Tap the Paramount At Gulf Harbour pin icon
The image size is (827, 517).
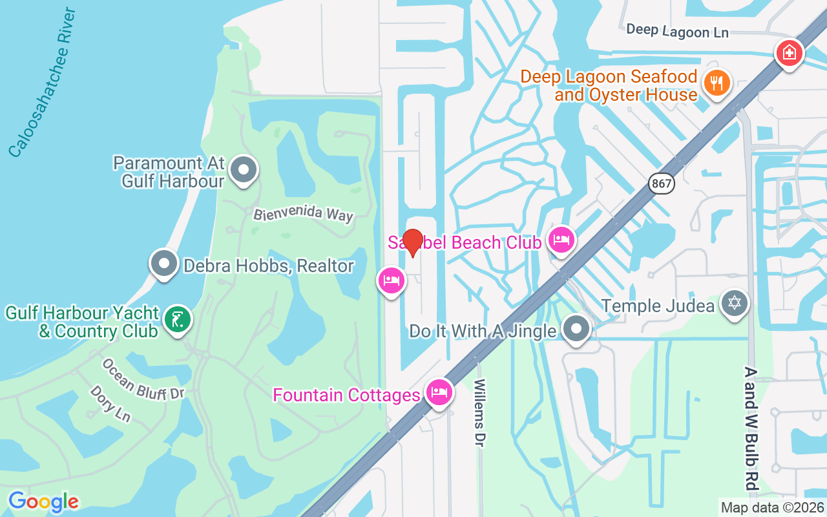coord(244,171)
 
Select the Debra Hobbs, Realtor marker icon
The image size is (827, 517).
coord(164,264)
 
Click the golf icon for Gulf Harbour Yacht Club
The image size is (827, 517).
coord(178,320)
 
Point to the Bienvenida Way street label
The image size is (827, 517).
coord(303,214)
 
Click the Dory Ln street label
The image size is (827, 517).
coord(110,404)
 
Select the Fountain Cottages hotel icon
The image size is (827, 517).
coord(439,393)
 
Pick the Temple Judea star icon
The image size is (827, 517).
coord(735,302)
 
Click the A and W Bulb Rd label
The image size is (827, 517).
coord(750,428)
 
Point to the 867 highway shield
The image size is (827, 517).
coord(663,184)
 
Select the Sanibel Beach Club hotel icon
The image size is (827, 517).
coord(561,240)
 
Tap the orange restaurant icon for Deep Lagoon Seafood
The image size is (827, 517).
coord(717,83)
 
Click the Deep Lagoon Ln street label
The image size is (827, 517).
coord(677,30)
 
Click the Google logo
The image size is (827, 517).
coord(43,501)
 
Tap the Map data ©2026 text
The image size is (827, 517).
coord(773,508)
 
